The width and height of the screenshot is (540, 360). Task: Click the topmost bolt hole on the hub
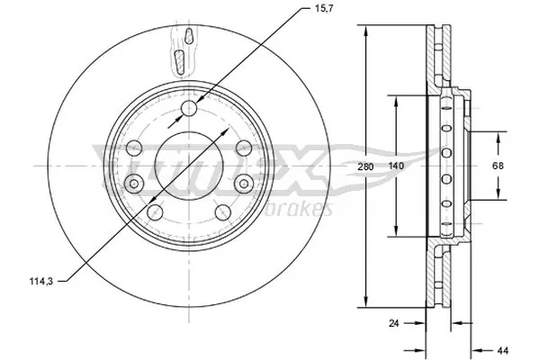(189, 109)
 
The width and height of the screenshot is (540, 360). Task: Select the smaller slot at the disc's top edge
(188, 37)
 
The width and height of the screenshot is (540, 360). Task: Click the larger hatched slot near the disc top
(179, 63)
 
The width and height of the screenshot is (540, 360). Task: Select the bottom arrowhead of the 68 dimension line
(497, 195)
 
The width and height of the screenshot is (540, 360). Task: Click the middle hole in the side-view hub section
(447, 166)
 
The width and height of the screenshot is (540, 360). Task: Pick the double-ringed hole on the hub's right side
(244, 183)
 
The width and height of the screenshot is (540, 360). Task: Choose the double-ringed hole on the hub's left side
(134, 184)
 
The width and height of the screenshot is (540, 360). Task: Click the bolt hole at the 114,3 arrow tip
(156, 212)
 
